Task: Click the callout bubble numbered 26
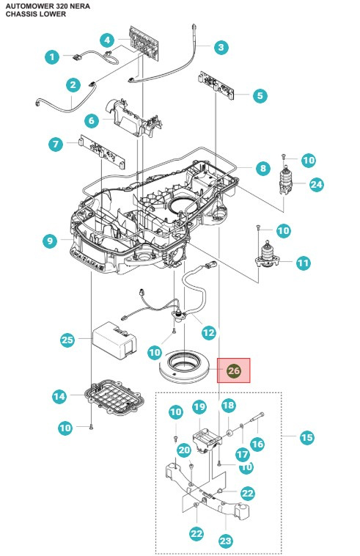pyautogui.click(x=234, y=370)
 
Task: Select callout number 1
pyautogui.click(x=51, y=56)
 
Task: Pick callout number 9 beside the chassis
pyautogui.click(x=51, y=240)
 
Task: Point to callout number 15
pyautogui.click(x=306, y=437)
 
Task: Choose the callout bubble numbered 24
pyautogui.click(x=316, y=184)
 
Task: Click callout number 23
pyautogui.click(x=225, y=541)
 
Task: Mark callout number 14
pyautogui.click(x=59, y=397)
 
